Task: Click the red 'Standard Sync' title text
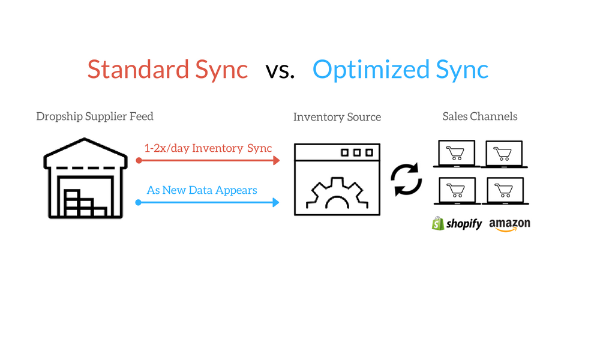[167, 70]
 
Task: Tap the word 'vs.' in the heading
[280, 71]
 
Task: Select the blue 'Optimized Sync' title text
[400, 70]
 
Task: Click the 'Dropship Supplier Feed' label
[95, 116]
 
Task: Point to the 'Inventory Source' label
[337, 117]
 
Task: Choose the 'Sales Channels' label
[480, 116]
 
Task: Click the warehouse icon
[85, 178]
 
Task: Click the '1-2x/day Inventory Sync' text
[208, 148]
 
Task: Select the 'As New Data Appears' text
[202, 190]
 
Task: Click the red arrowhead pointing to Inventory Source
[276, 160]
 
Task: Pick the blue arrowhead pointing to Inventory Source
[276, 202]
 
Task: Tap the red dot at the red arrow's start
[139, 160]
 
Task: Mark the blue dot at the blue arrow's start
[139, 202]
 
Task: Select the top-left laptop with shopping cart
[457, 154]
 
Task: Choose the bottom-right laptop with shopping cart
[505, 191]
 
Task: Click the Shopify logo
[457, 223]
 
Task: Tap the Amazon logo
[509, 224]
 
